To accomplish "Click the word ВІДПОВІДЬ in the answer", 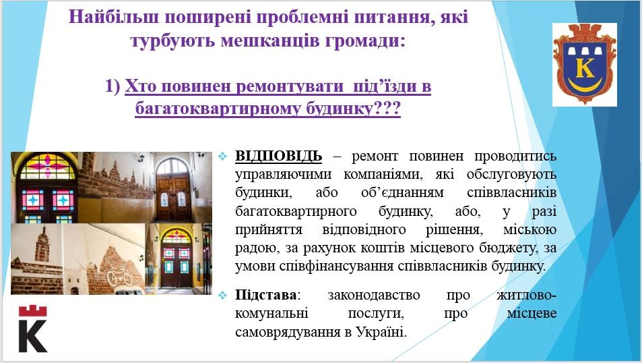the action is coord(278,156).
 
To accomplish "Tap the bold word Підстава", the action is coord(265,295).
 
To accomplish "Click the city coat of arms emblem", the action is coord(584,63).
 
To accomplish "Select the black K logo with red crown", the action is coord(33,328).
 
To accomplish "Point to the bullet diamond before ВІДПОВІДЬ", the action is coord(222,157).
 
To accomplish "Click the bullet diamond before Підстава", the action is coord(222,296).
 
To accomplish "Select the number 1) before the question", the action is coord(113,86).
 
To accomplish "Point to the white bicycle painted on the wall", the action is coord(119,277).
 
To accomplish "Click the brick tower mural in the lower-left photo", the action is coord(42,246).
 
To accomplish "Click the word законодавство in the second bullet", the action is coord(373,295).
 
